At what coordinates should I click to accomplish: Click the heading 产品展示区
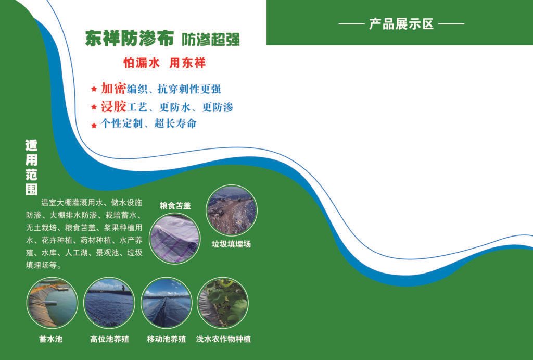click(x=401, y=24)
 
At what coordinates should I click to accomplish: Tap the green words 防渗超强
click(x=210, y=39)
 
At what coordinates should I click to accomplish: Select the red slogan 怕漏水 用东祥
click(x=164, y=63)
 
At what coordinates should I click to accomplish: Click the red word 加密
click(x=113, y=88)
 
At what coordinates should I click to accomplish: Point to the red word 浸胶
click(x=113, y=107)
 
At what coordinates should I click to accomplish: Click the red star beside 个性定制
click(x=94, y=125)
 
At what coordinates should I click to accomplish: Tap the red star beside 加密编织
click(x=94, y=89)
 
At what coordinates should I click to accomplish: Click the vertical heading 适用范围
click(x=32, y=167)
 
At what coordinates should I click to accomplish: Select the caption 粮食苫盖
click(x=175, y=205)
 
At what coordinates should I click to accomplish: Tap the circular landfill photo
click(x=231, y=210)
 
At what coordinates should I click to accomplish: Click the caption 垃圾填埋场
click(x=231, y=243)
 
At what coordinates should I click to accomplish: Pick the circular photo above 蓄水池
click(x=52, y=303)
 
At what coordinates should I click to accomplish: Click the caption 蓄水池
click(x=51, y=339)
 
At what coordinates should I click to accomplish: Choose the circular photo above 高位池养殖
click(x=109, y=303)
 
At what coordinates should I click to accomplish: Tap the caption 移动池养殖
click(x=167, y=339)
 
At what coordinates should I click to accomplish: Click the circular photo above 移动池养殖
click(x=167, y=303)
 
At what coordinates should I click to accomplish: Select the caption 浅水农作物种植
click(x=224, y=339)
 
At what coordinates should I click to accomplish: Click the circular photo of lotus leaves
click(x=224, y=303)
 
